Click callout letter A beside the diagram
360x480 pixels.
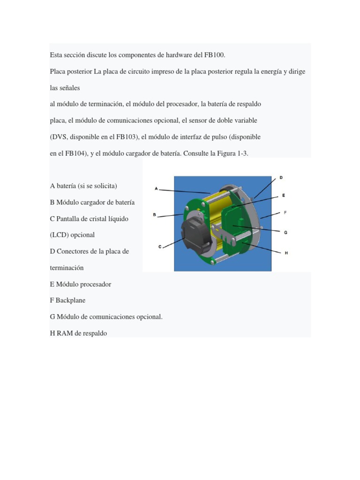click(156, 188)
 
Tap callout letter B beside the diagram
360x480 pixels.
click(154, 215)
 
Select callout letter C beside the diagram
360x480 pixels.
click(160, 247)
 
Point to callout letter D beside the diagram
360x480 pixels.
click(281, 178)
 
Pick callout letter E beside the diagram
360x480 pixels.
click(284, 195)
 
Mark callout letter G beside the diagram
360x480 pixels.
click(285, 232)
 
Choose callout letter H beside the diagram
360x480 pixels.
click(286, 253)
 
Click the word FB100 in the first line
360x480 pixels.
click(215, 55)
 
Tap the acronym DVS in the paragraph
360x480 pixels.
click(60, 137)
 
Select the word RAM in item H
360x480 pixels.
click(64, 333)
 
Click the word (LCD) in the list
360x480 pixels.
click(59, 234)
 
